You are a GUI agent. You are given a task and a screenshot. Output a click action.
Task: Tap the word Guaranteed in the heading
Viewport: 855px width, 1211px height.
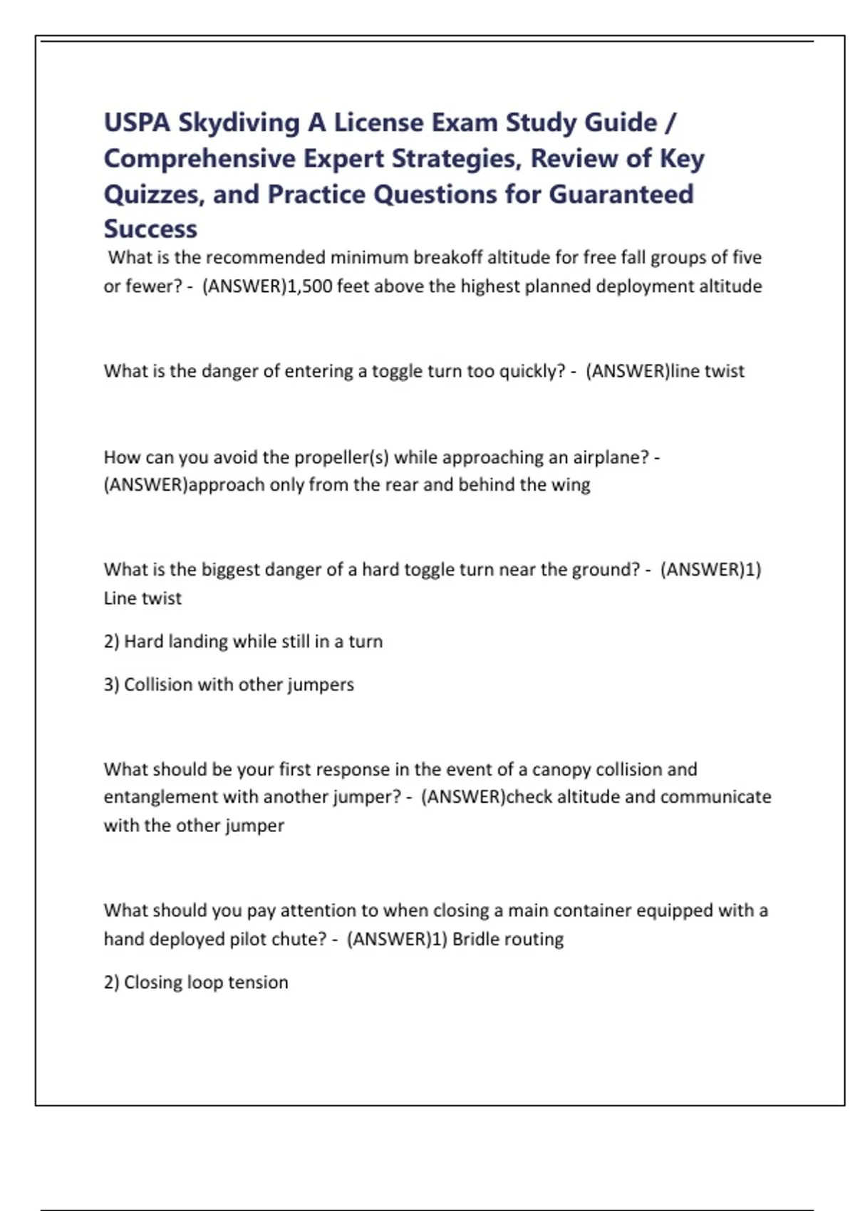(x=621, y=194)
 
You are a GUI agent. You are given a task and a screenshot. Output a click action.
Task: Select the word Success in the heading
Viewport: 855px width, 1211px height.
(x=150, y=229)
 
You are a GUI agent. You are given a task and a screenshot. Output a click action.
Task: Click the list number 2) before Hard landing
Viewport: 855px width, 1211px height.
(x=111, y=641)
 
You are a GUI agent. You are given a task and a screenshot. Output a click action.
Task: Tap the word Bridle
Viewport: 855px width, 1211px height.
(x=475, y=939)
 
